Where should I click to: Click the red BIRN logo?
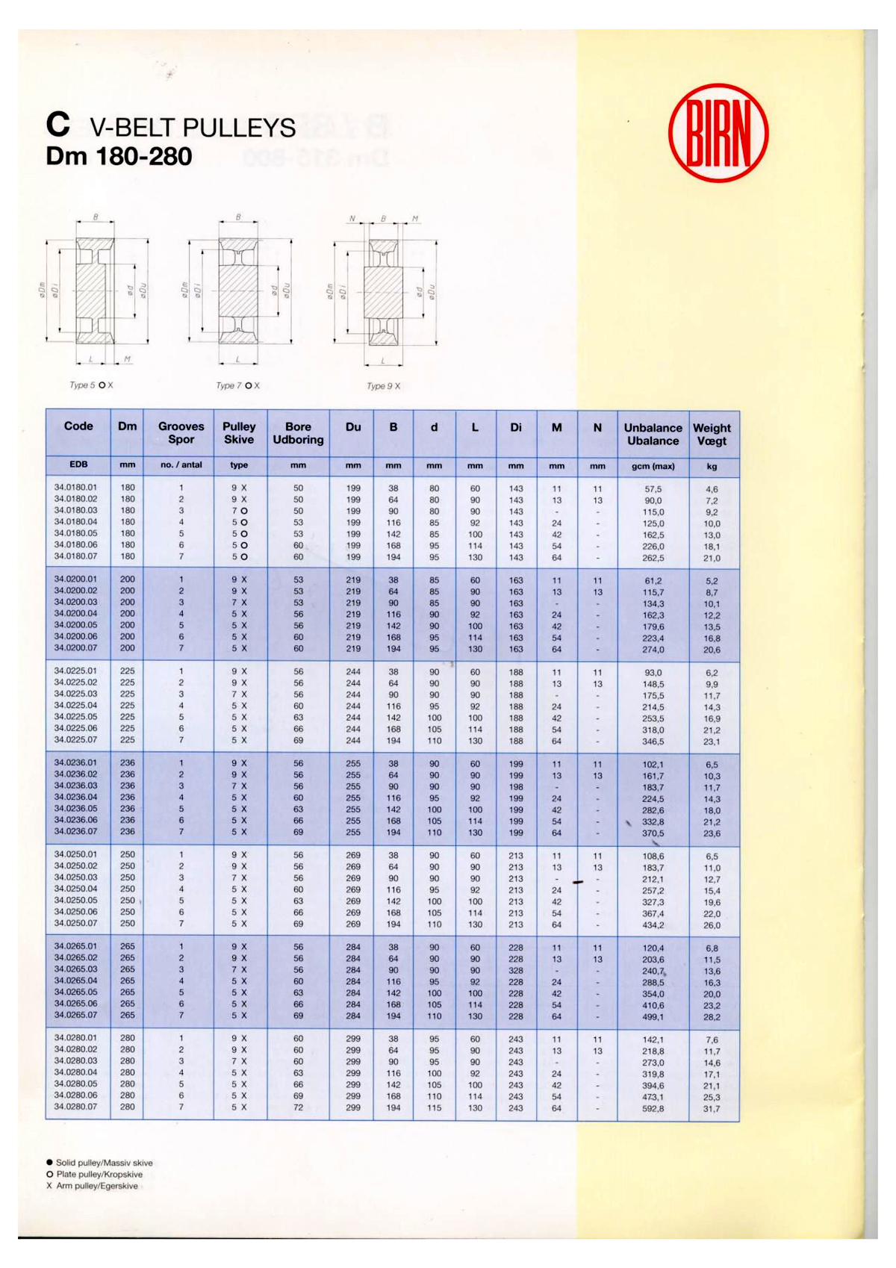click(x=718, y=133)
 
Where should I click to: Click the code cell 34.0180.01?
click(x=75, y=488)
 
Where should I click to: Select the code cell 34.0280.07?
click(x=75, y=1107)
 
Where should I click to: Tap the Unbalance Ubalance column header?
click(x=653, y=434)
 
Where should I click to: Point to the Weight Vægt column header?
click(x=712, y=434)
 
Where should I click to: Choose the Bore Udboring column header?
click(x=298, y=433)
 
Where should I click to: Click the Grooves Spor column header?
click(x=181, y=433)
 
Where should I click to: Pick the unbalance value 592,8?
click(x=653, y=1109)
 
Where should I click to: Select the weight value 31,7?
click(x=712, y=1109)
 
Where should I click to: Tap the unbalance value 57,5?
click(x=653, y=489)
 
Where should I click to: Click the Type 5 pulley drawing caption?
click(x=91, y=385)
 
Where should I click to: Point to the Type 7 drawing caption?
click(x=237, y=385)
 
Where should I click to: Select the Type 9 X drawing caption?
click(x=383, y=386)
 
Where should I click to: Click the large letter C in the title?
click(x=57, y=125)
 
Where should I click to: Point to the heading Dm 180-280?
click(x=119, y=156)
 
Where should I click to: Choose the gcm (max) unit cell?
click(x=653, y=466)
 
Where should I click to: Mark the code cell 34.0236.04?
click(x=75, y=798)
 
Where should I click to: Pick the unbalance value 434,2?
click(x=653, y=925)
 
